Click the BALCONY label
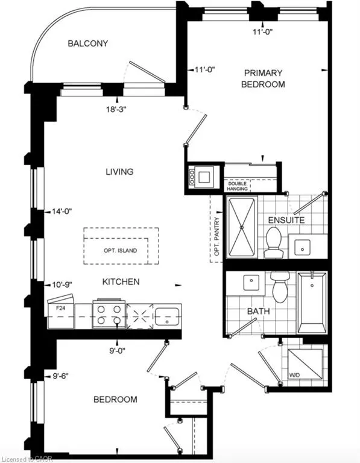pos(88,43)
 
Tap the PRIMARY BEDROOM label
pos(263,78)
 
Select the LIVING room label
pos(119,172)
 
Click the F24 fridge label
pos(60,307)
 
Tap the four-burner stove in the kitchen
pos(109,313)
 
